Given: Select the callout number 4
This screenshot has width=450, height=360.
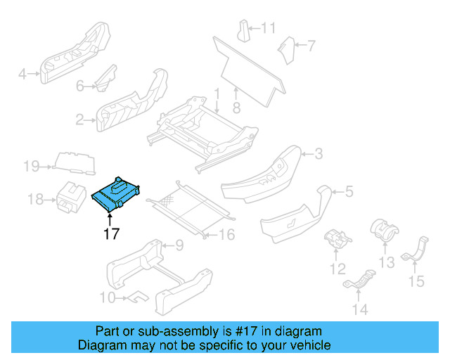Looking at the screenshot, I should point(22,73).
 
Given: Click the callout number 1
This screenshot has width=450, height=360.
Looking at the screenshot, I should point(217,93).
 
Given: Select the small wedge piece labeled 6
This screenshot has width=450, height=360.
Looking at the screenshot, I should point(105,77).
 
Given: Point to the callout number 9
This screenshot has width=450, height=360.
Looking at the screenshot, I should point(179,245).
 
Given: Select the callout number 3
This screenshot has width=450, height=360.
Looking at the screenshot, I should point(318,154).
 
